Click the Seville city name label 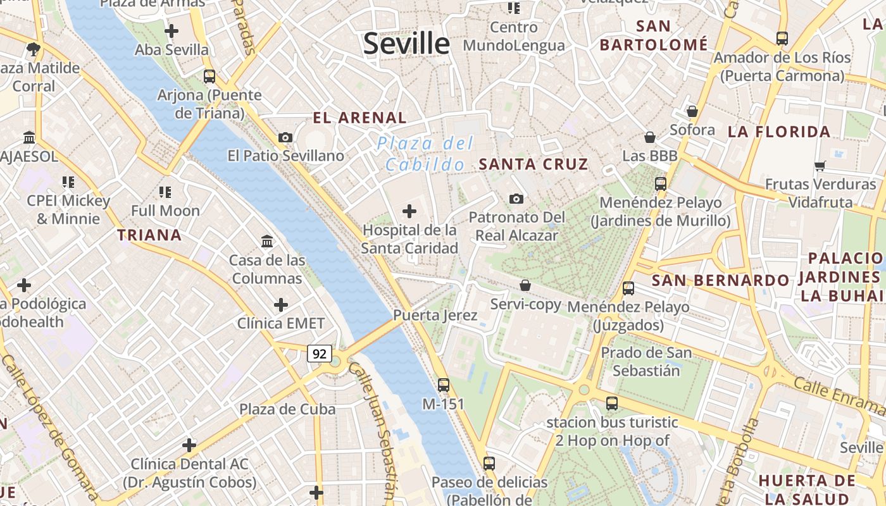[x=406, y=44]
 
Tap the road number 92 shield [x=320, y=354]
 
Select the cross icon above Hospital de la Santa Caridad [x=409, y=211]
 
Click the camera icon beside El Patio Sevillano [x=285, y=137]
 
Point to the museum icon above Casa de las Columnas [x=267, y=241]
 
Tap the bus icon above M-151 [x=444, y=385]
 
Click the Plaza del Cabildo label [x=425, y=154]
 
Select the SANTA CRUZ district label [x=533, y=164]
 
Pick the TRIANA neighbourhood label [x=149, y=235]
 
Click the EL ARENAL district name [x=359, y=118]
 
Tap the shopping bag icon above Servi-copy [x=525, y=285]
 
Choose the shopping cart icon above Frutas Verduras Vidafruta [x=820, y=166]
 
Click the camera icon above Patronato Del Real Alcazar [x=516, y=199]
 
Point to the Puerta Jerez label [x=435, y=315]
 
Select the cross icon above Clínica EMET [x=280, y=305]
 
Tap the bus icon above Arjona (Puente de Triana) [x=209, y=77]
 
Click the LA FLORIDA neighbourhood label [x=778, y=132]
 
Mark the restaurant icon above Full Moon [x=165, y=192]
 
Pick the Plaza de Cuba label [x=287, y=409]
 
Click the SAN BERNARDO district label [x=720, y=280]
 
